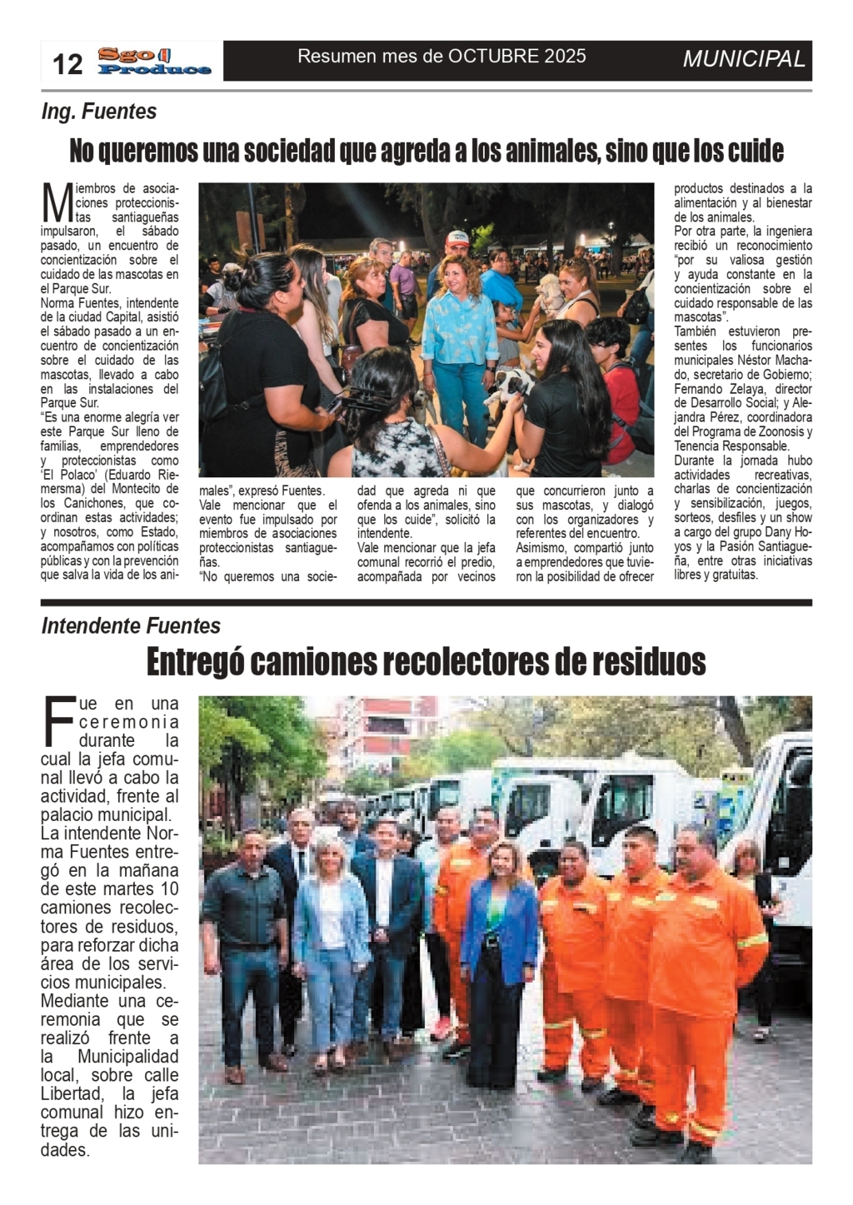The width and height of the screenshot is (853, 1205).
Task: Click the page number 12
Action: [x=67, y=63]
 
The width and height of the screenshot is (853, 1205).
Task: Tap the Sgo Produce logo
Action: [x=155, y=62]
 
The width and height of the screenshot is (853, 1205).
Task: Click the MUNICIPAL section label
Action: [x=744, y=59]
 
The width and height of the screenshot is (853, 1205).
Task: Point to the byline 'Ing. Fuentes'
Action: [x=99, y=112]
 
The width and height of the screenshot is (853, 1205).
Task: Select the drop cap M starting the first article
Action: [x=57, y=202]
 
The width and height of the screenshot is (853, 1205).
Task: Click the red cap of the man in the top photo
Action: [x=456, y=237]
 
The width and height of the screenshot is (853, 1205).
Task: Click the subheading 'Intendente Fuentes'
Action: [x=131, y=626]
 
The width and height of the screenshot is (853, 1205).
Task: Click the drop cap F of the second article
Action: [x=58, y=721]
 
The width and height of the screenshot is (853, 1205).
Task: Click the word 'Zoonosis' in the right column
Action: [x=783, y=431]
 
